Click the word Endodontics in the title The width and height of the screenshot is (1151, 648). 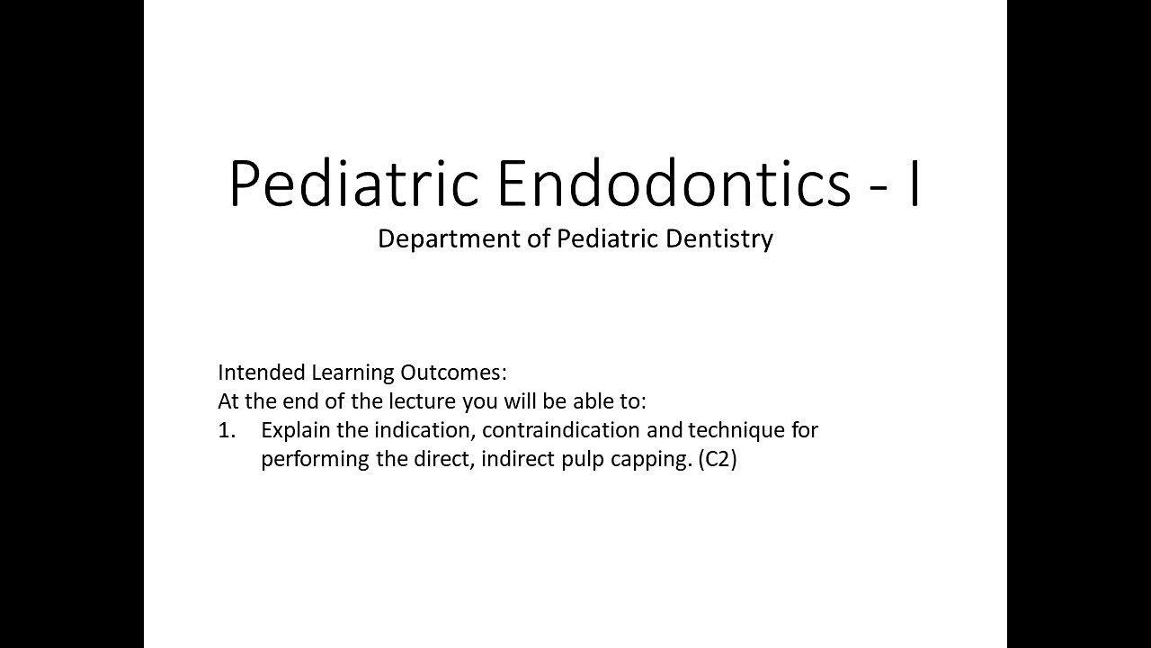click(x=673, y=184)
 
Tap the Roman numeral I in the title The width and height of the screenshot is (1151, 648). click(x=914, y=184)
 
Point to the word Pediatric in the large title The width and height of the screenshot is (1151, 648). click(x=354, y=184)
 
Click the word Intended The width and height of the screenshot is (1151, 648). click(x=261, y=373)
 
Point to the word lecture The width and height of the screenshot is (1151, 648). click(x=424, y=401)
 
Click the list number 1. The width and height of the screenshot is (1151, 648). click(x=227, y=430)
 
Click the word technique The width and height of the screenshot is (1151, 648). click(x=736, y=430)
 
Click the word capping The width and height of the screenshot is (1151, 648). click(x=651, y=459)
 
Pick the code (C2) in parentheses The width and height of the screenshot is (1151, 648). click(x=718, y=459)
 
